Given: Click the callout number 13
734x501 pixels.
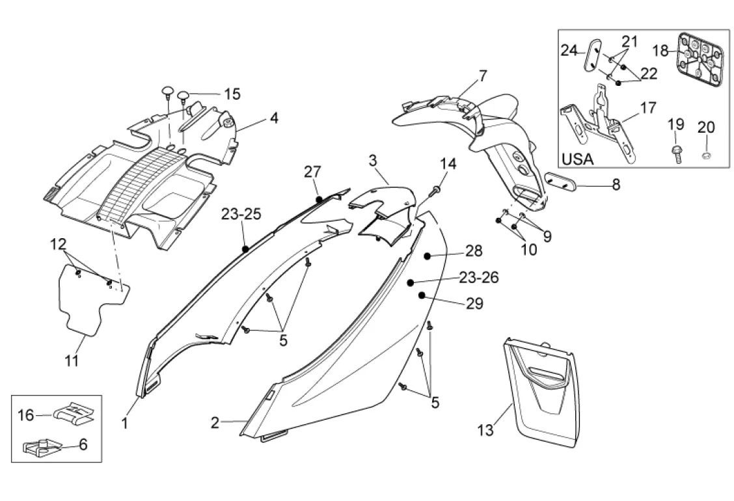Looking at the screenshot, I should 485,430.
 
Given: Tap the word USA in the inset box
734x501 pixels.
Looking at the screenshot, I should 578,158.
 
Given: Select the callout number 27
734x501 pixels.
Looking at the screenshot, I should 312,172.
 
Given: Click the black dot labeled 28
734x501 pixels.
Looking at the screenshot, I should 428,256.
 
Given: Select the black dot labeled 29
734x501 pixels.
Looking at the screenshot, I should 422,296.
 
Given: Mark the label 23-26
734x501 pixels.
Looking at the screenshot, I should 478,277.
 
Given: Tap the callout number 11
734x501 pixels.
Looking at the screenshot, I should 72,360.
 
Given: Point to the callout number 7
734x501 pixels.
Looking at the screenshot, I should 482,75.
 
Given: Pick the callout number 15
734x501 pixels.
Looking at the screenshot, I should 232,94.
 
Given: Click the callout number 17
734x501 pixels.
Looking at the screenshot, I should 648,107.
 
